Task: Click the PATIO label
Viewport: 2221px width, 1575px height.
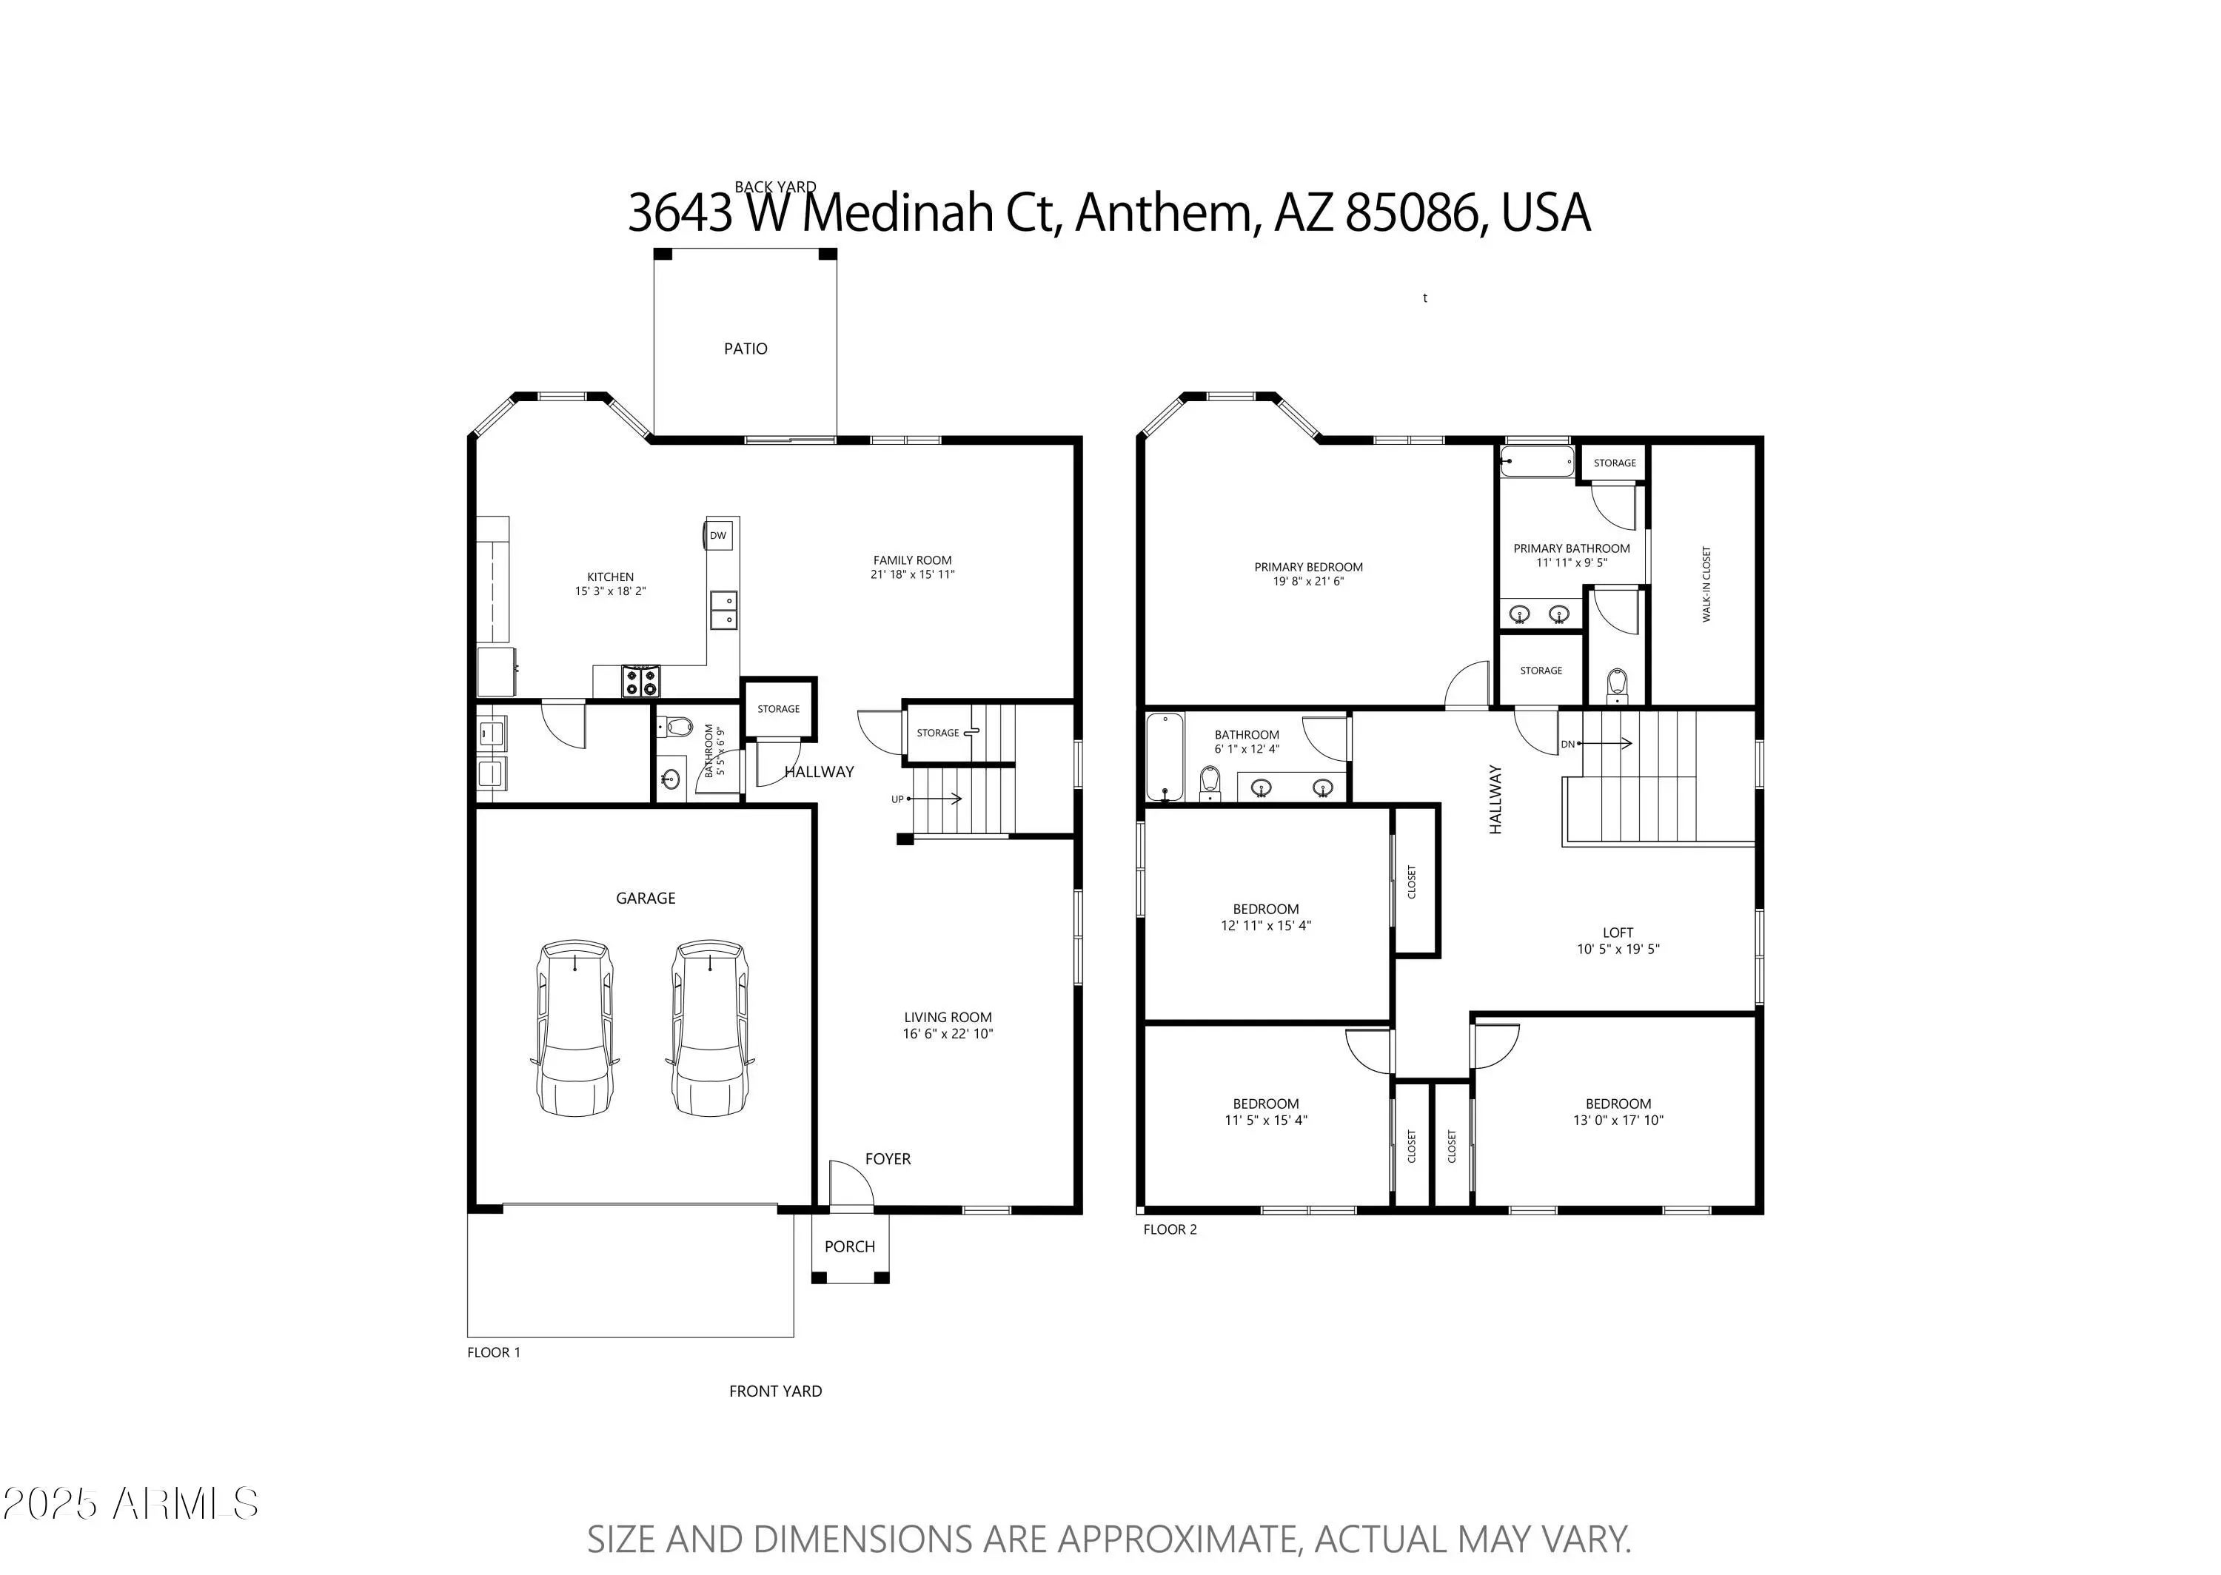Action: click(745, 348)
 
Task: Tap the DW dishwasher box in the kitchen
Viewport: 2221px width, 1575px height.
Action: click(717, 535)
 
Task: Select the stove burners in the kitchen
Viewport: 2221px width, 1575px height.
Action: click(640, 682)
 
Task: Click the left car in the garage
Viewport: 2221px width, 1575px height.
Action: click(575, 1027)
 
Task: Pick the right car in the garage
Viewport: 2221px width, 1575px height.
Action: click(710, 1027)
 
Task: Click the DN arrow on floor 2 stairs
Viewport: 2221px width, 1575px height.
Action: click(1604, 744)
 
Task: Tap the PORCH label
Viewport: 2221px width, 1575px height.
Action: click(850, 1246)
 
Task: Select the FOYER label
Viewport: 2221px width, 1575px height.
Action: click(888, 1159)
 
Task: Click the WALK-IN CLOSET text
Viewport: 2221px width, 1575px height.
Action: click(1706, 584)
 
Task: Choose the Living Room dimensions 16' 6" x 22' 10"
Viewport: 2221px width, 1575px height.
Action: click(948, 1034)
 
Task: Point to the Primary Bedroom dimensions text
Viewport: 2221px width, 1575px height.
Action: click(1308, 582)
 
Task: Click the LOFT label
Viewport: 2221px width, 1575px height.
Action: click(1618, 933)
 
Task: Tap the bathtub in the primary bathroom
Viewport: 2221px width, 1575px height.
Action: click(1537, 462)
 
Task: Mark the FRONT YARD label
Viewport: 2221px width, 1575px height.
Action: click(775, 1391)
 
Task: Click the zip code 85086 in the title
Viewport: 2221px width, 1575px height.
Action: click(1411, 213)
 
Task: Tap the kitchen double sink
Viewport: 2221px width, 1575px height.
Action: click(723, 610)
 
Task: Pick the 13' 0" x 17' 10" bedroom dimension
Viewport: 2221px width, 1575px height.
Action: click(1618, 1120)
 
